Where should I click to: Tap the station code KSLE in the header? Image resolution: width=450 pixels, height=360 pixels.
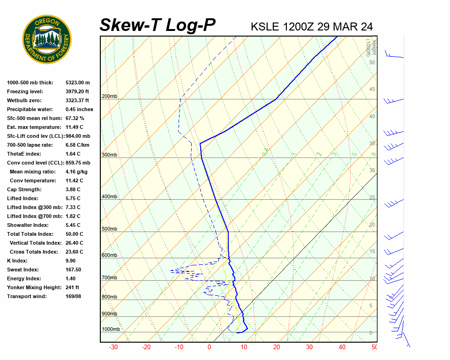click(265, 27)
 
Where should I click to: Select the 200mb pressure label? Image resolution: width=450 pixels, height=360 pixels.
click(110, 97)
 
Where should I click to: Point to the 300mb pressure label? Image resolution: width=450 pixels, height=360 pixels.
click(110, 155)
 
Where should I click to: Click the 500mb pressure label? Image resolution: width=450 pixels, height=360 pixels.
click(110, 229)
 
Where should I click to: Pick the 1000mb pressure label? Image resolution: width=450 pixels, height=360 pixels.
click(111, 330)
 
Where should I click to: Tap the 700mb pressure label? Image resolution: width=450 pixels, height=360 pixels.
click(110, 278)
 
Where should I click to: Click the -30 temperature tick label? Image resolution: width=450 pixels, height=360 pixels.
click(113, 347)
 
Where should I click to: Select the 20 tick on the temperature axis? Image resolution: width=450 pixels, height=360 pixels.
click(277, 347)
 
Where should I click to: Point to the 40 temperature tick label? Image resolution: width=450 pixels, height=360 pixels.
click(342, 347)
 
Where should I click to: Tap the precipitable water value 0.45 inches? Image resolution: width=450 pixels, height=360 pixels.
click(79, 109)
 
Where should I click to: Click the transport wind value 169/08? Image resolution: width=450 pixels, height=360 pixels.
click(74, 296)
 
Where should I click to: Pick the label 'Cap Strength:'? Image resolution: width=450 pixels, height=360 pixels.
click(24, 189)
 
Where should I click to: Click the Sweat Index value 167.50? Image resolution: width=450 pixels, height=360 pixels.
click(74, 270)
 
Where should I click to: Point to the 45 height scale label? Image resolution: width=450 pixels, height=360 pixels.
click(372, 90)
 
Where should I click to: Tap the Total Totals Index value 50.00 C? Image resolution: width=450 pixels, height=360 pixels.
click(75, 234)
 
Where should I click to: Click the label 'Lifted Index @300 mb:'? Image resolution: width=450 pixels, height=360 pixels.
click(33, 207)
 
